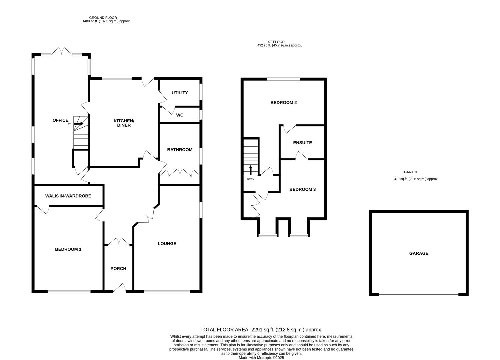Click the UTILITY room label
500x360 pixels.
[180, 93]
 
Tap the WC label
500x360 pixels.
[180, 115]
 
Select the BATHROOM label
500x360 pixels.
[180, 150]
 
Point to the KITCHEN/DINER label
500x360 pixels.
[124, 123]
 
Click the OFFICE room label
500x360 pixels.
[60, 120]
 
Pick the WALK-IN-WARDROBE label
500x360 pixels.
[68, 196]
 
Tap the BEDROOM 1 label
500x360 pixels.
[68, 249]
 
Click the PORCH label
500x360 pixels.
[118, 269]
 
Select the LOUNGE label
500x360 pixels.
[167, 244]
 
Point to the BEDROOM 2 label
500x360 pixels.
[283, 103]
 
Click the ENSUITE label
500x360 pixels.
[302, 143]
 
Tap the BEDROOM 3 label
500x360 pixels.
[302, 189]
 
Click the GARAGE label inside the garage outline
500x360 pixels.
[419, 253]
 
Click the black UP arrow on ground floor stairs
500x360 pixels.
[79, 124]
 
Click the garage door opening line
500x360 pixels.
[419, 295]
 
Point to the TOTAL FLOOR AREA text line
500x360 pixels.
[261, 330]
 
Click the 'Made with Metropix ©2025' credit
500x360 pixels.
[261, 358]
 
